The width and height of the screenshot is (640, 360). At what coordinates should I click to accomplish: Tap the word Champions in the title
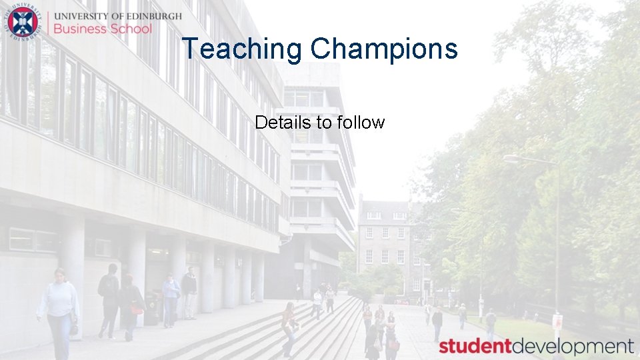(384, 49)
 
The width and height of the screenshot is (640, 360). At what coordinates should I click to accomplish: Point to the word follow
(361, 123)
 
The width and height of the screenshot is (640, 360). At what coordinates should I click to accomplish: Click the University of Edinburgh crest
(23, 22)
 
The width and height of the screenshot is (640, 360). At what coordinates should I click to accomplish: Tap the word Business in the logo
(80, 29)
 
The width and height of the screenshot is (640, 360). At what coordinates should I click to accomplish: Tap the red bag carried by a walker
(137, 307)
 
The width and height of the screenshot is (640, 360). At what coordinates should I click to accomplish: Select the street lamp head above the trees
(512, 159)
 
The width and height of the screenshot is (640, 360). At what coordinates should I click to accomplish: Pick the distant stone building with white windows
(385, 243)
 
